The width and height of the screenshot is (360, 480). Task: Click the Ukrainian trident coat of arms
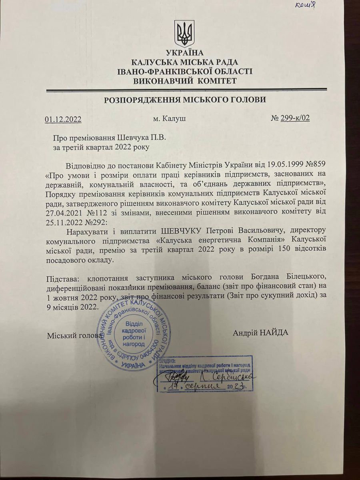(x=184, y=34)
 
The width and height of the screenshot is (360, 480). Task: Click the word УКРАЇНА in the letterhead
(x=184, y=53)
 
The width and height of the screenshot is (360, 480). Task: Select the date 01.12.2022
(x=63, y=119)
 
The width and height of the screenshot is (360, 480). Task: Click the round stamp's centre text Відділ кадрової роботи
(x=135, y=332)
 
